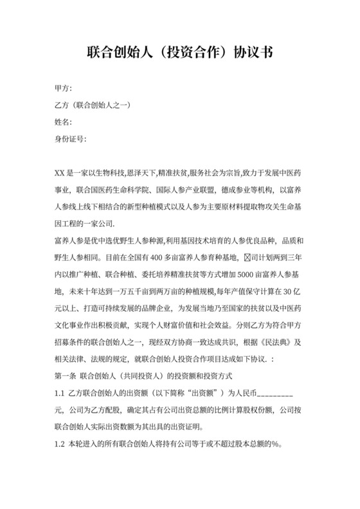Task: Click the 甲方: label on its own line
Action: [x=64, y=88]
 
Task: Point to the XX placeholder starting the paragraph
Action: [x=61, y=173]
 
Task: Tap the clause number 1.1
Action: [x=60, y=392]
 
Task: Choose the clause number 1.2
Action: [x=60, y=443]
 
